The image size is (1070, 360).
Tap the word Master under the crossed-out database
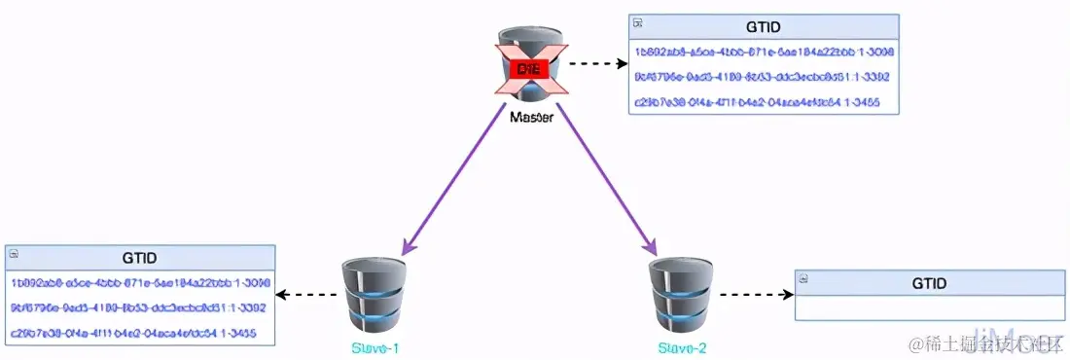pos(531,118)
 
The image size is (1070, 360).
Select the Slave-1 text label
pos(374,348)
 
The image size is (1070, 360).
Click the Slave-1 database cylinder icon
pos(374,296)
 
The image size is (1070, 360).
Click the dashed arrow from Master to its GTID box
pos(596,64)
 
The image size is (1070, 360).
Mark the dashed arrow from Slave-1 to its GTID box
pos(306,295)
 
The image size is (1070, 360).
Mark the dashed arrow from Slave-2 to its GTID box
pos(754,295)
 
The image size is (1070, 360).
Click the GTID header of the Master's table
pos(763,27)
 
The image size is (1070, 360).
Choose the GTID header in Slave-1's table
pos(140,258)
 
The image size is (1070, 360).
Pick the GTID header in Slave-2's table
pos(929,283)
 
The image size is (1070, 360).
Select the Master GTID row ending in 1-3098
pos(764,52)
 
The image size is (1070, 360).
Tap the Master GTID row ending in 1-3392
pos(763,77)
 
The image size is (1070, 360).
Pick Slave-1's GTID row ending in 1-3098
pos(140,283)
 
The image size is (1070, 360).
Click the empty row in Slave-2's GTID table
pos(929,308)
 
